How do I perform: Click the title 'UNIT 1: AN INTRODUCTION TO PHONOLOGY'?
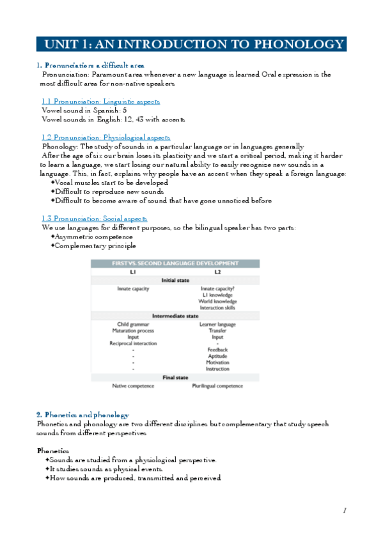pos(191,44)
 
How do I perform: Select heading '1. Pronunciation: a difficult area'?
pos(90,65)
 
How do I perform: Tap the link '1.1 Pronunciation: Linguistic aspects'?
pos(100,102)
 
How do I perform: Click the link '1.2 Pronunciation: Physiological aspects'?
pos(106,137)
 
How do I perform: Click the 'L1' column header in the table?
pos(133,272)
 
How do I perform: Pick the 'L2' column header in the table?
pos(217,272)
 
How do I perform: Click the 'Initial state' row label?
pos(175,280)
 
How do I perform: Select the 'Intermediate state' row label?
pos(175,316)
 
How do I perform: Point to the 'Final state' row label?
pos(175,378)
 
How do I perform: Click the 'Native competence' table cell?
pos(133,386)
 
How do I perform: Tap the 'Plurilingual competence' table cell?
pos(218,386)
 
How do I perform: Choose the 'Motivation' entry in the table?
pos(218,362)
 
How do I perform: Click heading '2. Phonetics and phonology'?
pos(82,415)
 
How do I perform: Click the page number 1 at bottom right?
pos(344,510)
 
